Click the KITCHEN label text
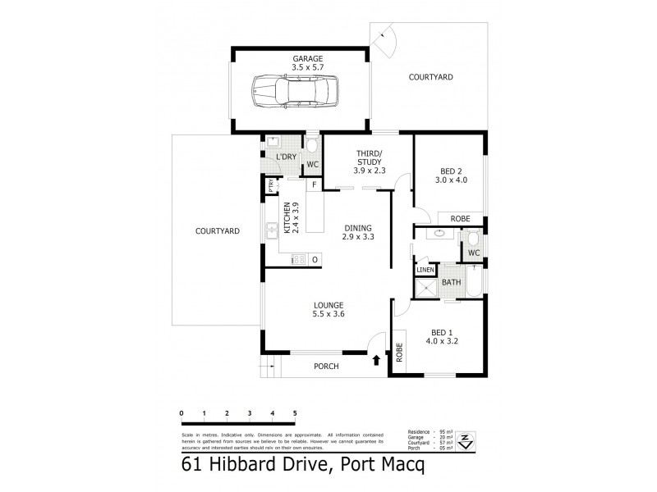[x=287, y=218]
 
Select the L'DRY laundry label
[x=285, y=157]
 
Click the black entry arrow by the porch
[x=376, y=358]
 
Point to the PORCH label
[x=326, y=367]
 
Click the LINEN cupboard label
[x=425, y=270]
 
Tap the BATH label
[x=452, y=284]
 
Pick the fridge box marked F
[x=315, y=184]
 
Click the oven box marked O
[x=314, y=260]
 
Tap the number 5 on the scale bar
[x=294, y=413]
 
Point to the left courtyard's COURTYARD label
[x=217, y=231]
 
